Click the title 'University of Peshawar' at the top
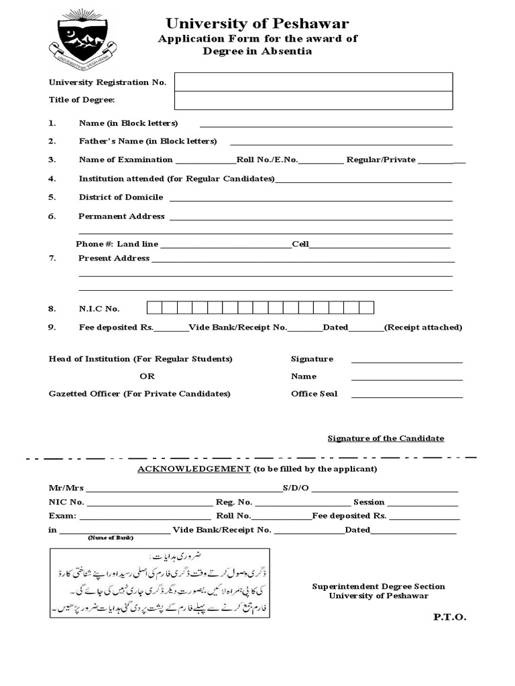257,25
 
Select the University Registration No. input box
313,82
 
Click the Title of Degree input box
313,100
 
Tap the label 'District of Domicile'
121,197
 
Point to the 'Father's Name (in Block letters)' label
148,141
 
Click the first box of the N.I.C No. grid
154,308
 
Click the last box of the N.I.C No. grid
366,308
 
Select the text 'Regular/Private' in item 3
381,160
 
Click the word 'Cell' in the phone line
300,244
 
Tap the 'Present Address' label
114,258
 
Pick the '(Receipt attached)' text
423,328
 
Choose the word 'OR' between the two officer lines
147,376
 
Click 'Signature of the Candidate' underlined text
386,438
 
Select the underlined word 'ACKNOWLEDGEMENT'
194,469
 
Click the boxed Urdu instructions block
160,583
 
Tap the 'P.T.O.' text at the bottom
449,617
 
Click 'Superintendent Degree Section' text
378,587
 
